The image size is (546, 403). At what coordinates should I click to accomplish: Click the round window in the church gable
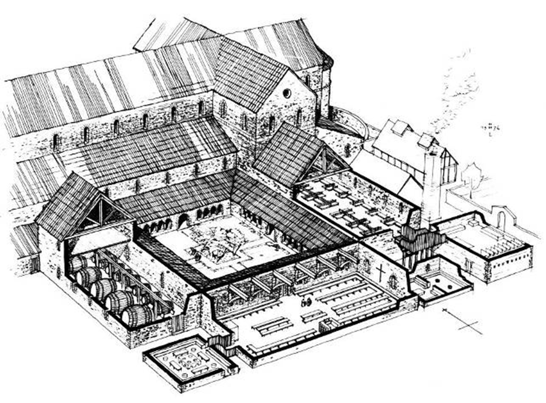tap(287, 93)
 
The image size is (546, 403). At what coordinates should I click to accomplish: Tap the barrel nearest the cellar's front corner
tap(137, 316)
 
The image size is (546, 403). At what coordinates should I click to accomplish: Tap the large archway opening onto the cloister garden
tap(183, 221)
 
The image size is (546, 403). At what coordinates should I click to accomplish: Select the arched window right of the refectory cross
tap(393, 280)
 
